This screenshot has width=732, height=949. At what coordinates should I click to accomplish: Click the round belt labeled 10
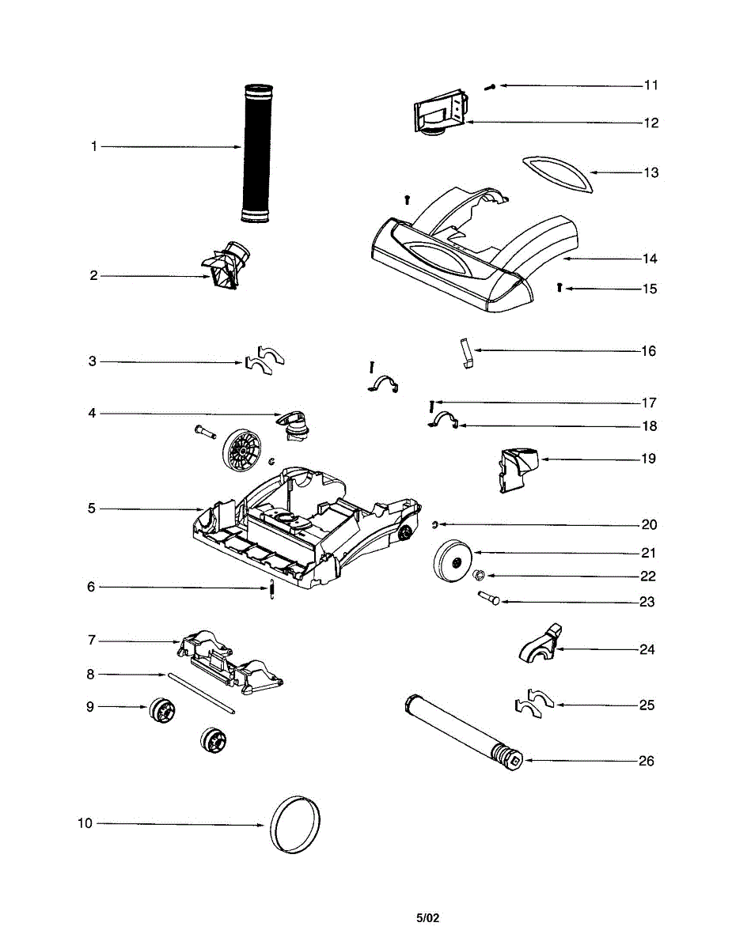(296, 825)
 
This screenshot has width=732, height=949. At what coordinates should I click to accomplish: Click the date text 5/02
(427, 918)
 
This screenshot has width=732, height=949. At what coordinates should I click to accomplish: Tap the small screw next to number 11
(490, 85)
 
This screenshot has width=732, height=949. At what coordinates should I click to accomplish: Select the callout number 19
(648, 459)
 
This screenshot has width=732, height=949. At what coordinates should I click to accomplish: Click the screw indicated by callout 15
(559, 289)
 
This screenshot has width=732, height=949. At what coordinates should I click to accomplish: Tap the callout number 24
(647, 650)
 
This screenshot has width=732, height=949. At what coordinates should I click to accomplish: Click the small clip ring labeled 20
(434, 524)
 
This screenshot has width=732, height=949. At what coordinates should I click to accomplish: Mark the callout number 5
(92, 509)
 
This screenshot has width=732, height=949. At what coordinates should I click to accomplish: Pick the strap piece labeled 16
(465, 352)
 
